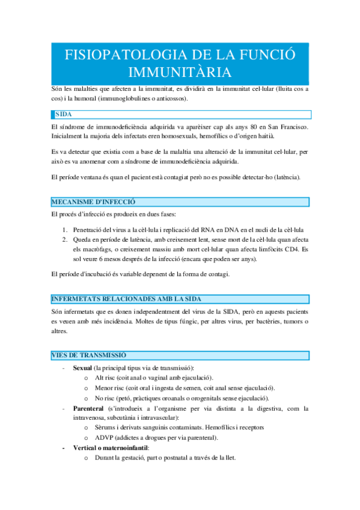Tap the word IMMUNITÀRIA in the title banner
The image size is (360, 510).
[x=180, y=72]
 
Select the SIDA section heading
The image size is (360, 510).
[x=64, y=114]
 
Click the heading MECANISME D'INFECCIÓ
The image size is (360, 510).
[x=94, y=202]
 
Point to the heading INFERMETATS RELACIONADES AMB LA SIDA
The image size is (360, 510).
[x=126, y=299]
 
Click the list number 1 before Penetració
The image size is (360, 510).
[x=65, y=229]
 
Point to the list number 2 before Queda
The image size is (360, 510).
[x=65, y=239]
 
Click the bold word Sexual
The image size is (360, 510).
[x=83, y=367]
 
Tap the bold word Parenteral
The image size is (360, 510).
[x=91, y=408]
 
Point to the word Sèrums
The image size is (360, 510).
[x=107, y=428]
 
